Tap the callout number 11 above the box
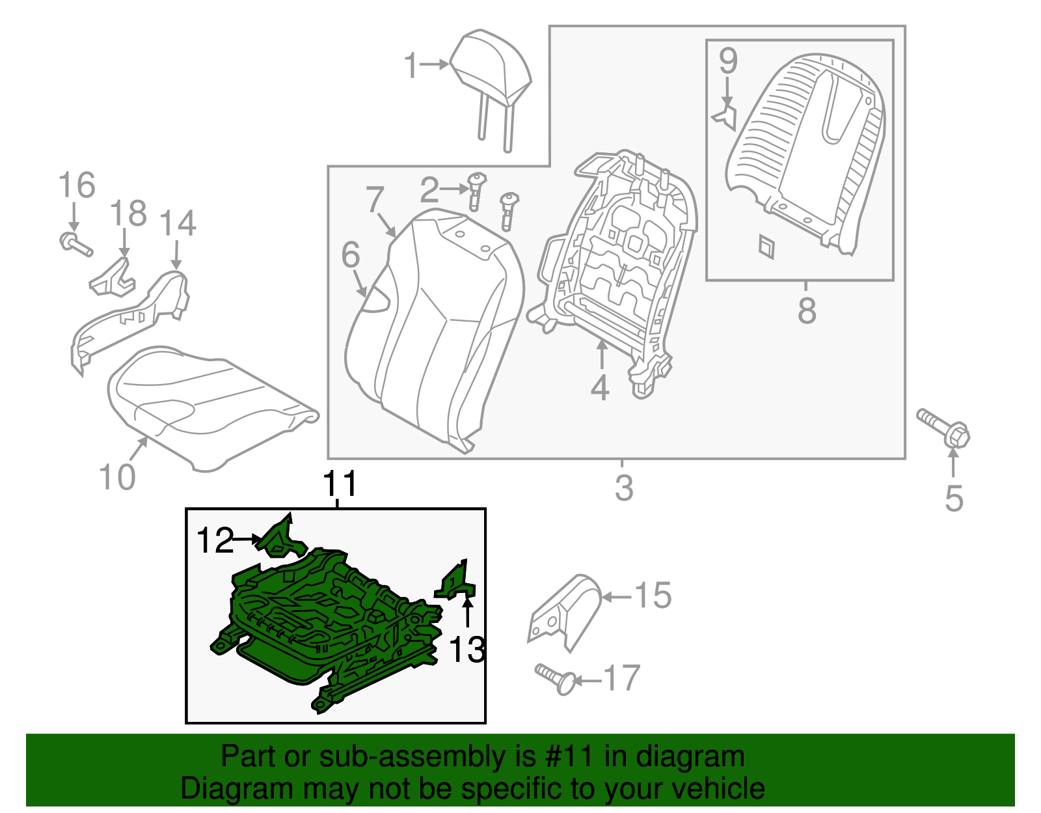[340, 484]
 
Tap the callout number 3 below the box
[623, 488]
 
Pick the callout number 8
[806, 310]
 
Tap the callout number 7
[375, 199]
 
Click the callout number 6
[350, 255]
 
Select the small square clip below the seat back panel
[766, 246]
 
